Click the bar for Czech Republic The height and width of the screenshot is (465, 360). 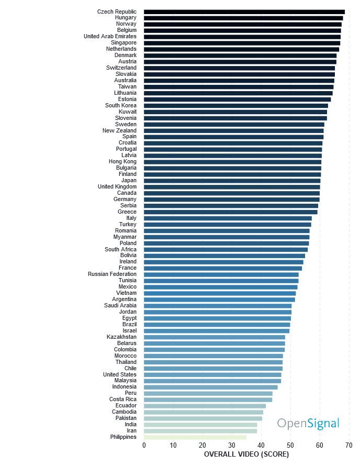(x=244, y=12)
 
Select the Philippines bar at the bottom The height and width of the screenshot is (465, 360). (x=195, y=437)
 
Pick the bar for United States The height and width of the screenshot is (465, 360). (x=212, y=374)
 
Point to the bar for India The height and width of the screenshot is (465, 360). (x=200, y=424)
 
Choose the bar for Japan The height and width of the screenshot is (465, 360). (x=232, y=180)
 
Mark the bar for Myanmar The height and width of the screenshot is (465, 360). (x=226, y=237)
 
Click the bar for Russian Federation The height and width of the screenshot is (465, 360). (x=221, y=274)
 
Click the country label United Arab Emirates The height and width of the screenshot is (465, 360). (x=110, y=37)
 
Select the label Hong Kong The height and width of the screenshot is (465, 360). (x=122, y=161)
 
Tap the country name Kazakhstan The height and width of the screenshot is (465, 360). (x=121, y=337)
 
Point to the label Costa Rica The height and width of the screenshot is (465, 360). (x=123, y=399)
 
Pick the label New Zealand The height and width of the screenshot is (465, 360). (x=119, y=130)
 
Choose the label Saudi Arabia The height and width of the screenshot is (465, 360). (x=120, y=305)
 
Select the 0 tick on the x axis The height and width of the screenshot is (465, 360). (x=144, y=445)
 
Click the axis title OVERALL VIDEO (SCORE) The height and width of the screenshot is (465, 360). (x=246, y=454)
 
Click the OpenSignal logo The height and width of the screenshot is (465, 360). (x=308, y=423)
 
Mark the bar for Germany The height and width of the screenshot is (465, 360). (x=231, y=199)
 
